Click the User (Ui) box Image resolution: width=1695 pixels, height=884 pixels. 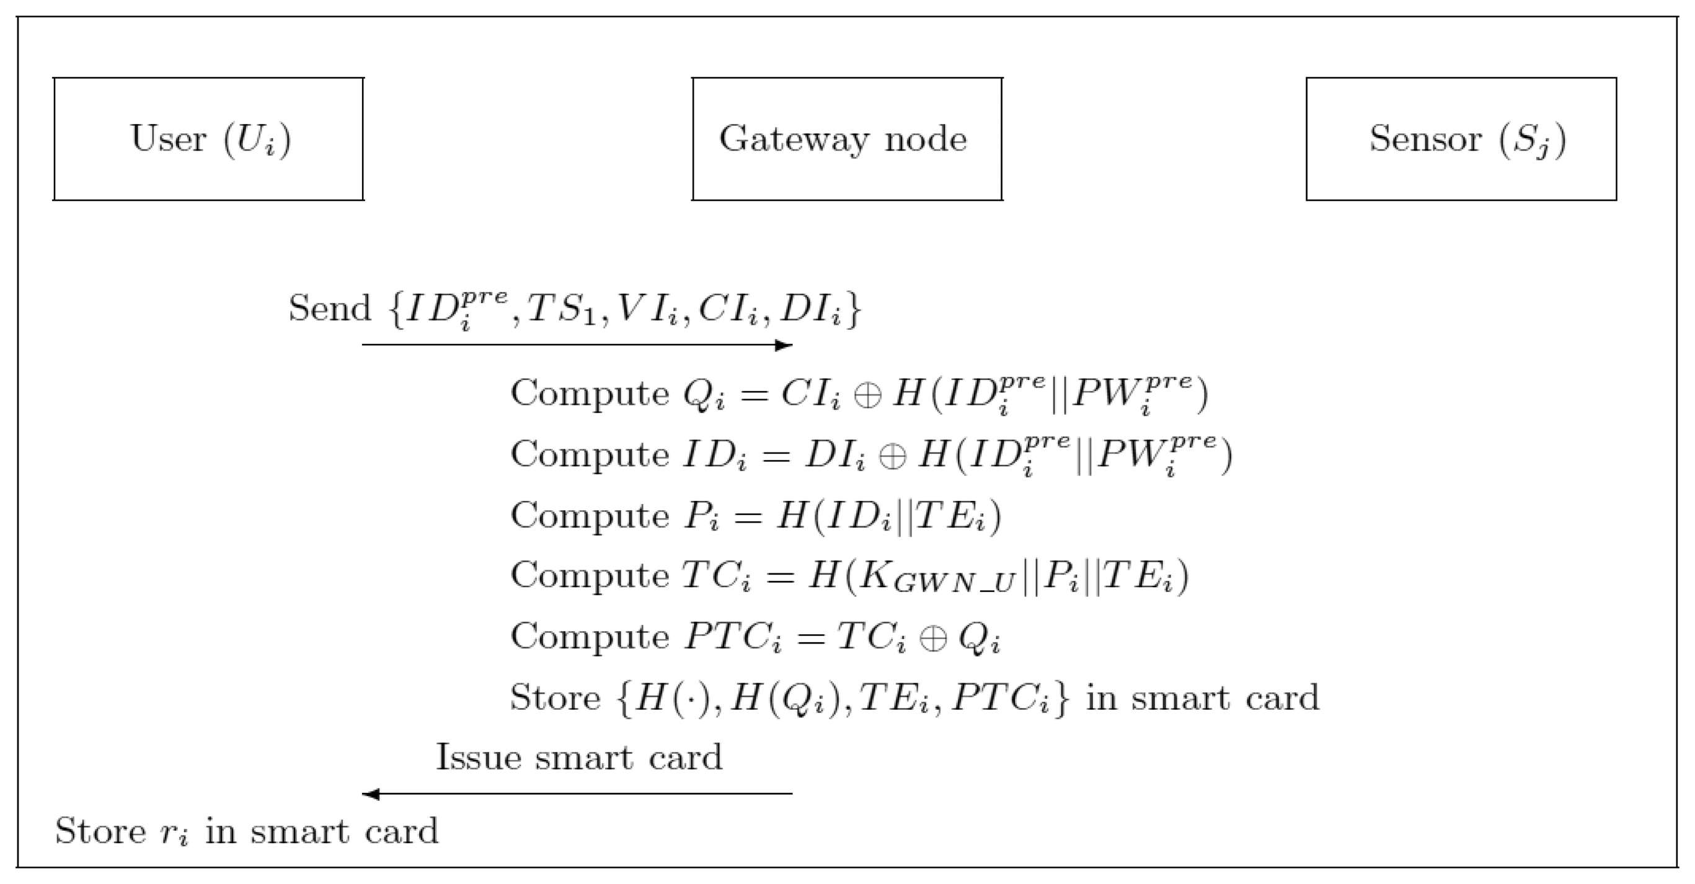208,139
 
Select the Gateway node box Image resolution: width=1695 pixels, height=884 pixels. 847,139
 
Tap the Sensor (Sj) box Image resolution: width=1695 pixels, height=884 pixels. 1461,139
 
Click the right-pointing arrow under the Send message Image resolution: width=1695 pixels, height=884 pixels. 577,345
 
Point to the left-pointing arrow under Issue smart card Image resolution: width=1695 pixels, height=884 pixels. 577,794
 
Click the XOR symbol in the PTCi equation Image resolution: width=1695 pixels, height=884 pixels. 932,639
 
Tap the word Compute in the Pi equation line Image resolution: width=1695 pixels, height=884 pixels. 590,516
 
